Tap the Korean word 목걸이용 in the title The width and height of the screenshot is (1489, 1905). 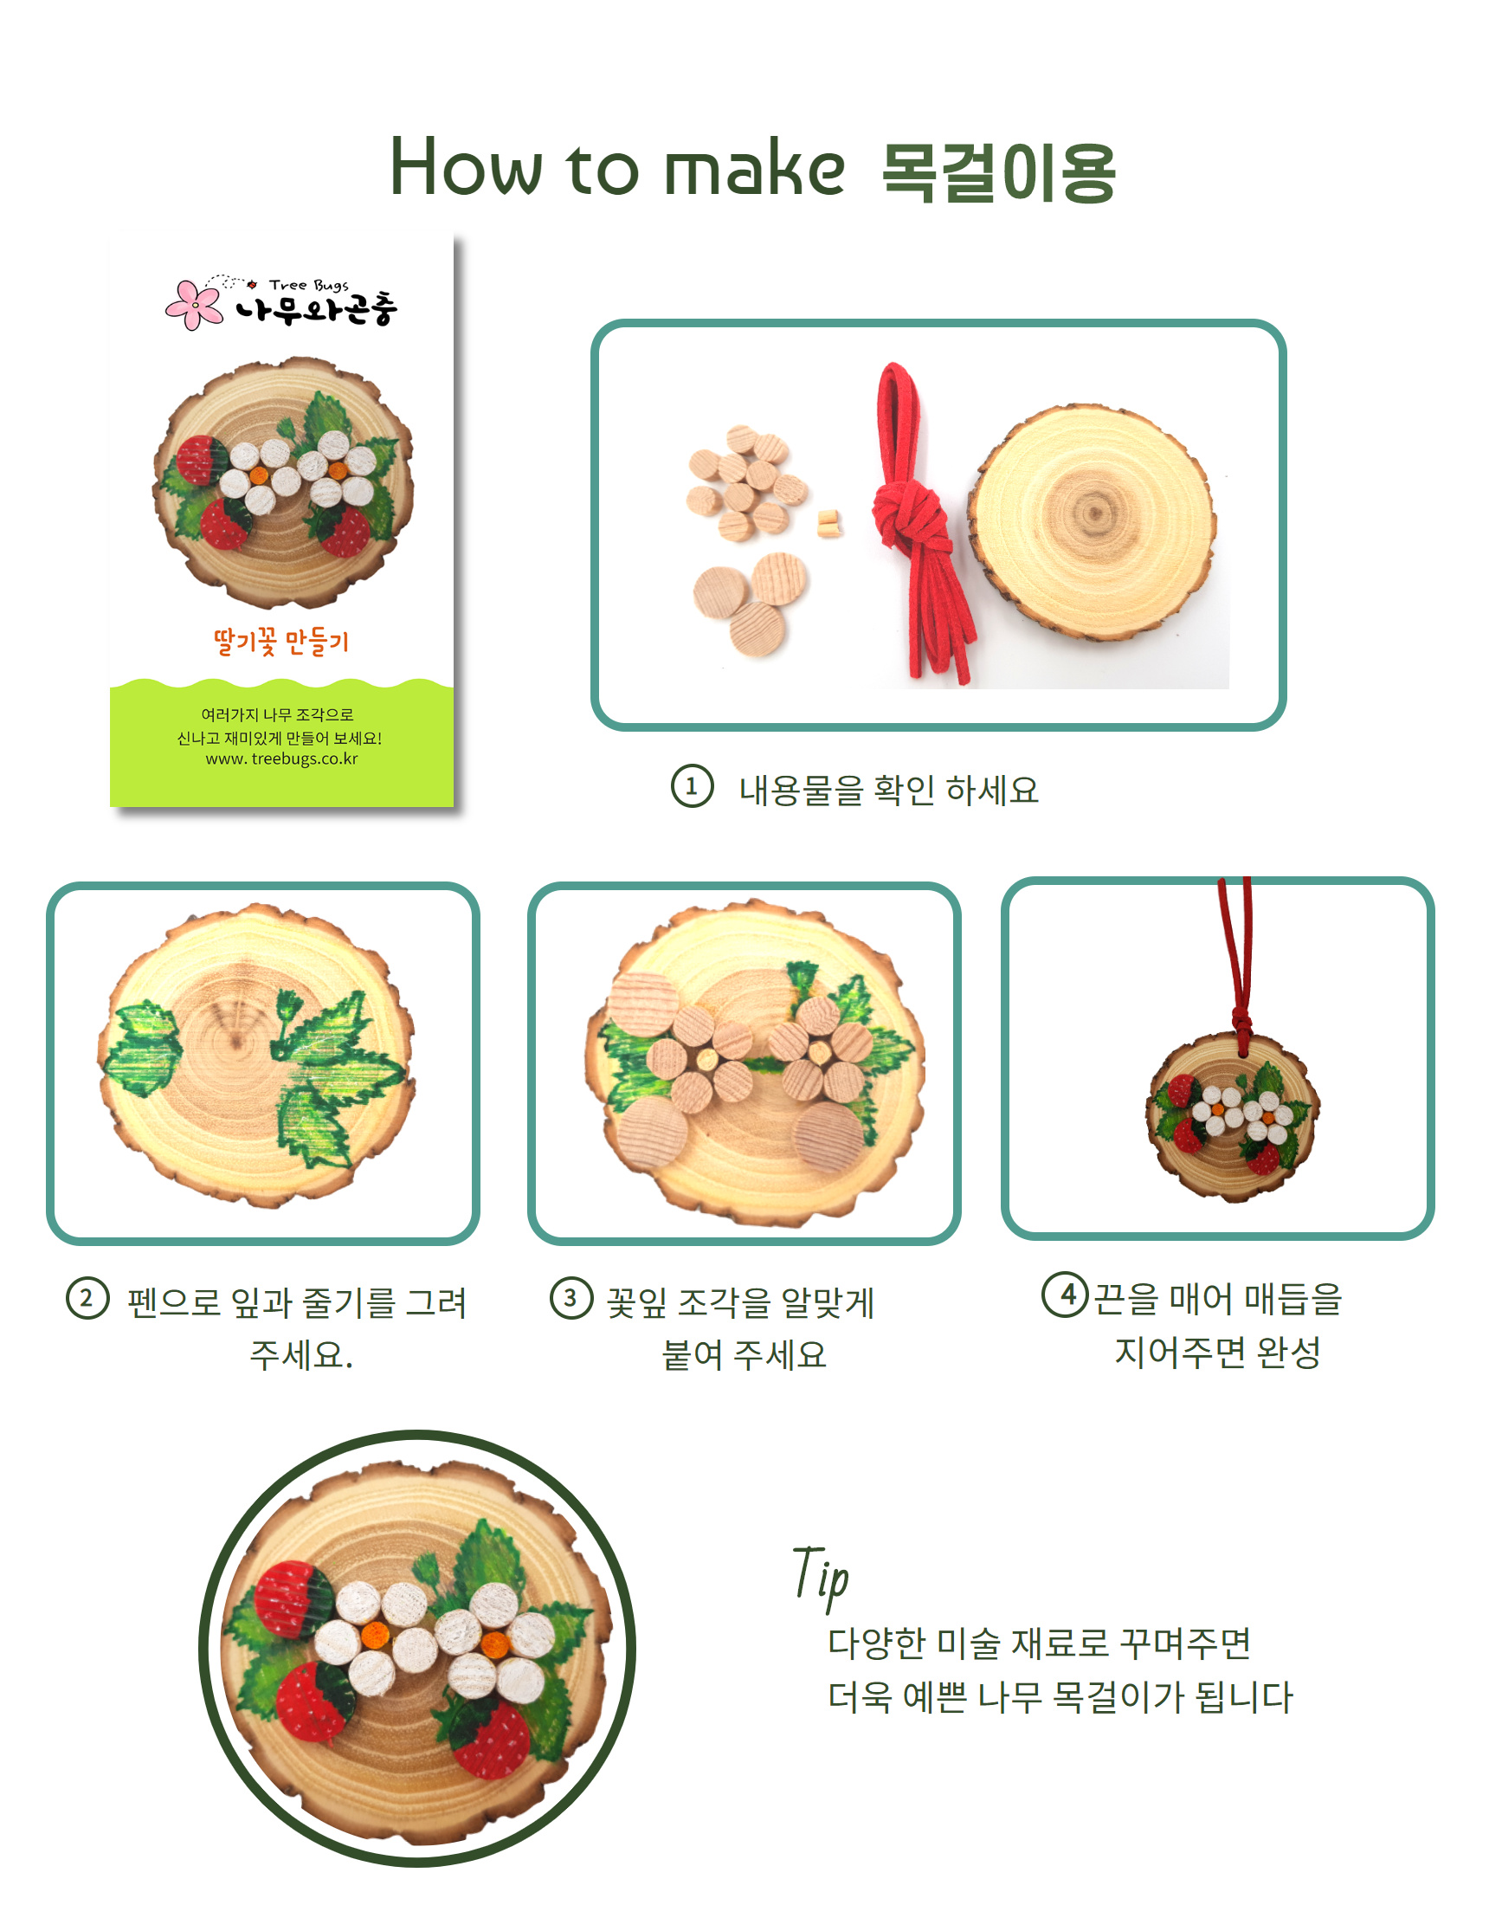pos(999,172)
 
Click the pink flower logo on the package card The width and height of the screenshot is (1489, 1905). pos(195,305)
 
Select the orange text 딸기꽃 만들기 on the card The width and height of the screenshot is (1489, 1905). pos(280,642)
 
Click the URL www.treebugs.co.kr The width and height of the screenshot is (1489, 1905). pos(281,759)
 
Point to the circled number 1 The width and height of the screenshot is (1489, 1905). pos(692,786)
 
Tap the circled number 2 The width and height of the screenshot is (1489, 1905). pos(87,1298)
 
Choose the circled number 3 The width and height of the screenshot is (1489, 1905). pos(571,1298)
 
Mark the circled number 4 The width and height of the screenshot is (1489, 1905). pos(1065,1295)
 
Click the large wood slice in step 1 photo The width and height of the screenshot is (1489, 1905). pos(1093,520)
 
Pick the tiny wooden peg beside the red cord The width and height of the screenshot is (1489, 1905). pos(828,523)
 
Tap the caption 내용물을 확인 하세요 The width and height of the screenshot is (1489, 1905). pos(889,790)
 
